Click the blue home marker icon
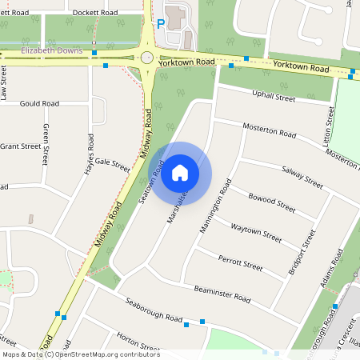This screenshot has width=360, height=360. (x=180, y=173)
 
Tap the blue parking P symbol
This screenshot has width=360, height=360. (x=161, y=24)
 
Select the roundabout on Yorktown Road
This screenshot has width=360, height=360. (x=146, y=58)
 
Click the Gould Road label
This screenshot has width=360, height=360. (x=40, y=104)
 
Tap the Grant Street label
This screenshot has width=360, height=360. (x=21, y=146)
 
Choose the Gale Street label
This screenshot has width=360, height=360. (x=112, y=165)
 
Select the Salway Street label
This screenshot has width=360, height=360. (x=302, y=177)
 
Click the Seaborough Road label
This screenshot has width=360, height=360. (x=151, y=313)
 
